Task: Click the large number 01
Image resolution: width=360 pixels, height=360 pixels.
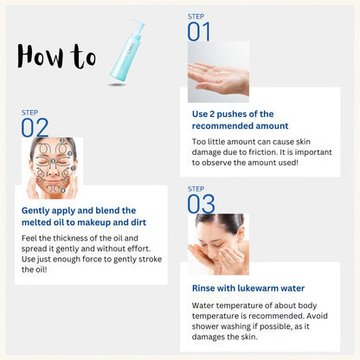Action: click(x=199, y=32)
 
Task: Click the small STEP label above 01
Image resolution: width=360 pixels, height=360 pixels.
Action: click(x=196, y=16)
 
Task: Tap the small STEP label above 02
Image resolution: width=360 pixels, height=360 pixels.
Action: click(x=29, y=112)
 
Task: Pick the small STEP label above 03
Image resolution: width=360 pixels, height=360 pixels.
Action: click(x=196, y=189)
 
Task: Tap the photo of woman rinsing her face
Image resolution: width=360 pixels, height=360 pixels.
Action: click(x=218, y=244)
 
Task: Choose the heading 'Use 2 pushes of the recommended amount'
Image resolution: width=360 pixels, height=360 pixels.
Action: click(x=233, y=119)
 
